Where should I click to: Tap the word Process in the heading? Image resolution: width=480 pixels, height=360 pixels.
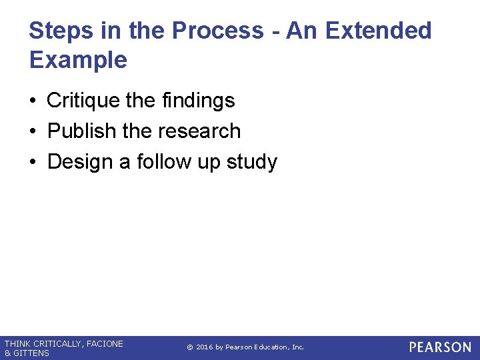217,31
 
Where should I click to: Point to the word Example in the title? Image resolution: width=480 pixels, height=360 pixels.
78,60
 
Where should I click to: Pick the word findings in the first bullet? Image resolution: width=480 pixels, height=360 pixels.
198,101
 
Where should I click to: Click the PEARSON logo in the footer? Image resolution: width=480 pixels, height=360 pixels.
440,347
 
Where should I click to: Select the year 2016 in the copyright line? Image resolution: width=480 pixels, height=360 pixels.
204,347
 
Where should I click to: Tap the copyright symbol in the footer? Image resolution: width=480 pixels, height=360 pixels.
189,347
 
